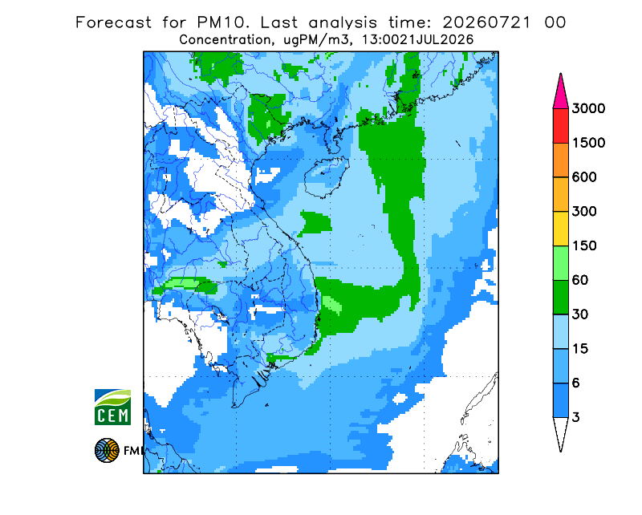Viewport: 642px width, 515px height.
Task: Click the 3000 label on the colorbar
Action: (x=588, y=108)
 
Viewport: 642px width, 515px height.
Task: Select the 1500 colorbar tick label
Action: (x=588, y=143)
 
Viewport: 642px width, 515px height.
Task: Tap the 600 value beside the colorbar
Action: (x=584, y=177)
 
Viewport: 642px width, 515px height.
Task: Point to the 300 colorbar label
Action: (x=584, y=211)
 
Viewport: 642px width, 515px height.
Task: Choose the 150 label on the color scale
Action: (x=584, y=245)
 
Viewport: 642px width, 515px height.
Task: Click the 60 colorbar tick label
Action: (x=580, y=280)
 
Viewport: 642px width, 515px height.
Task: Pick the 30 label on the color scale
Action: (x=580, y=314)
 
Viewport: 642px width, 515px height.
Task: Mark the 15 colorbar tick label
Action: (x=580, y=349)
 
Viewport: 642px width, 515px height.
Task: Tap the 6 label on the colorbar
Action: (x=576, y=383)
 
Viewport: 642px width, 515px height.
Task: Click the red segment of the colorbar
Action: (x=560, y=126)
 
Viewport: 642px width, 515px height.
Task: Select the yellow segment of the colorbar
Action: (x=560, y=229)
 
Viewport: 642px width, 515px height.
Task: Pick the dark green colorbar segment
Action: (x=560, y=298)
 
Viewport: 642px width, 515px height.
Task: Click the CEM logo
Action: (x=112, y=407)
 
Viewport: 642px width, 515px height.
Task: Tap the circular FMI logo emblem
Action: (x=107, y=450)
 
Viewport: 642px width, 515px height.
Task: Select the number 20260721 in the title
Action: (x=487, y=22)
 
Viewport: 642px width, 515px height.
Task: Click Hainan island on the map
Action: (x=327, y=176)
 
